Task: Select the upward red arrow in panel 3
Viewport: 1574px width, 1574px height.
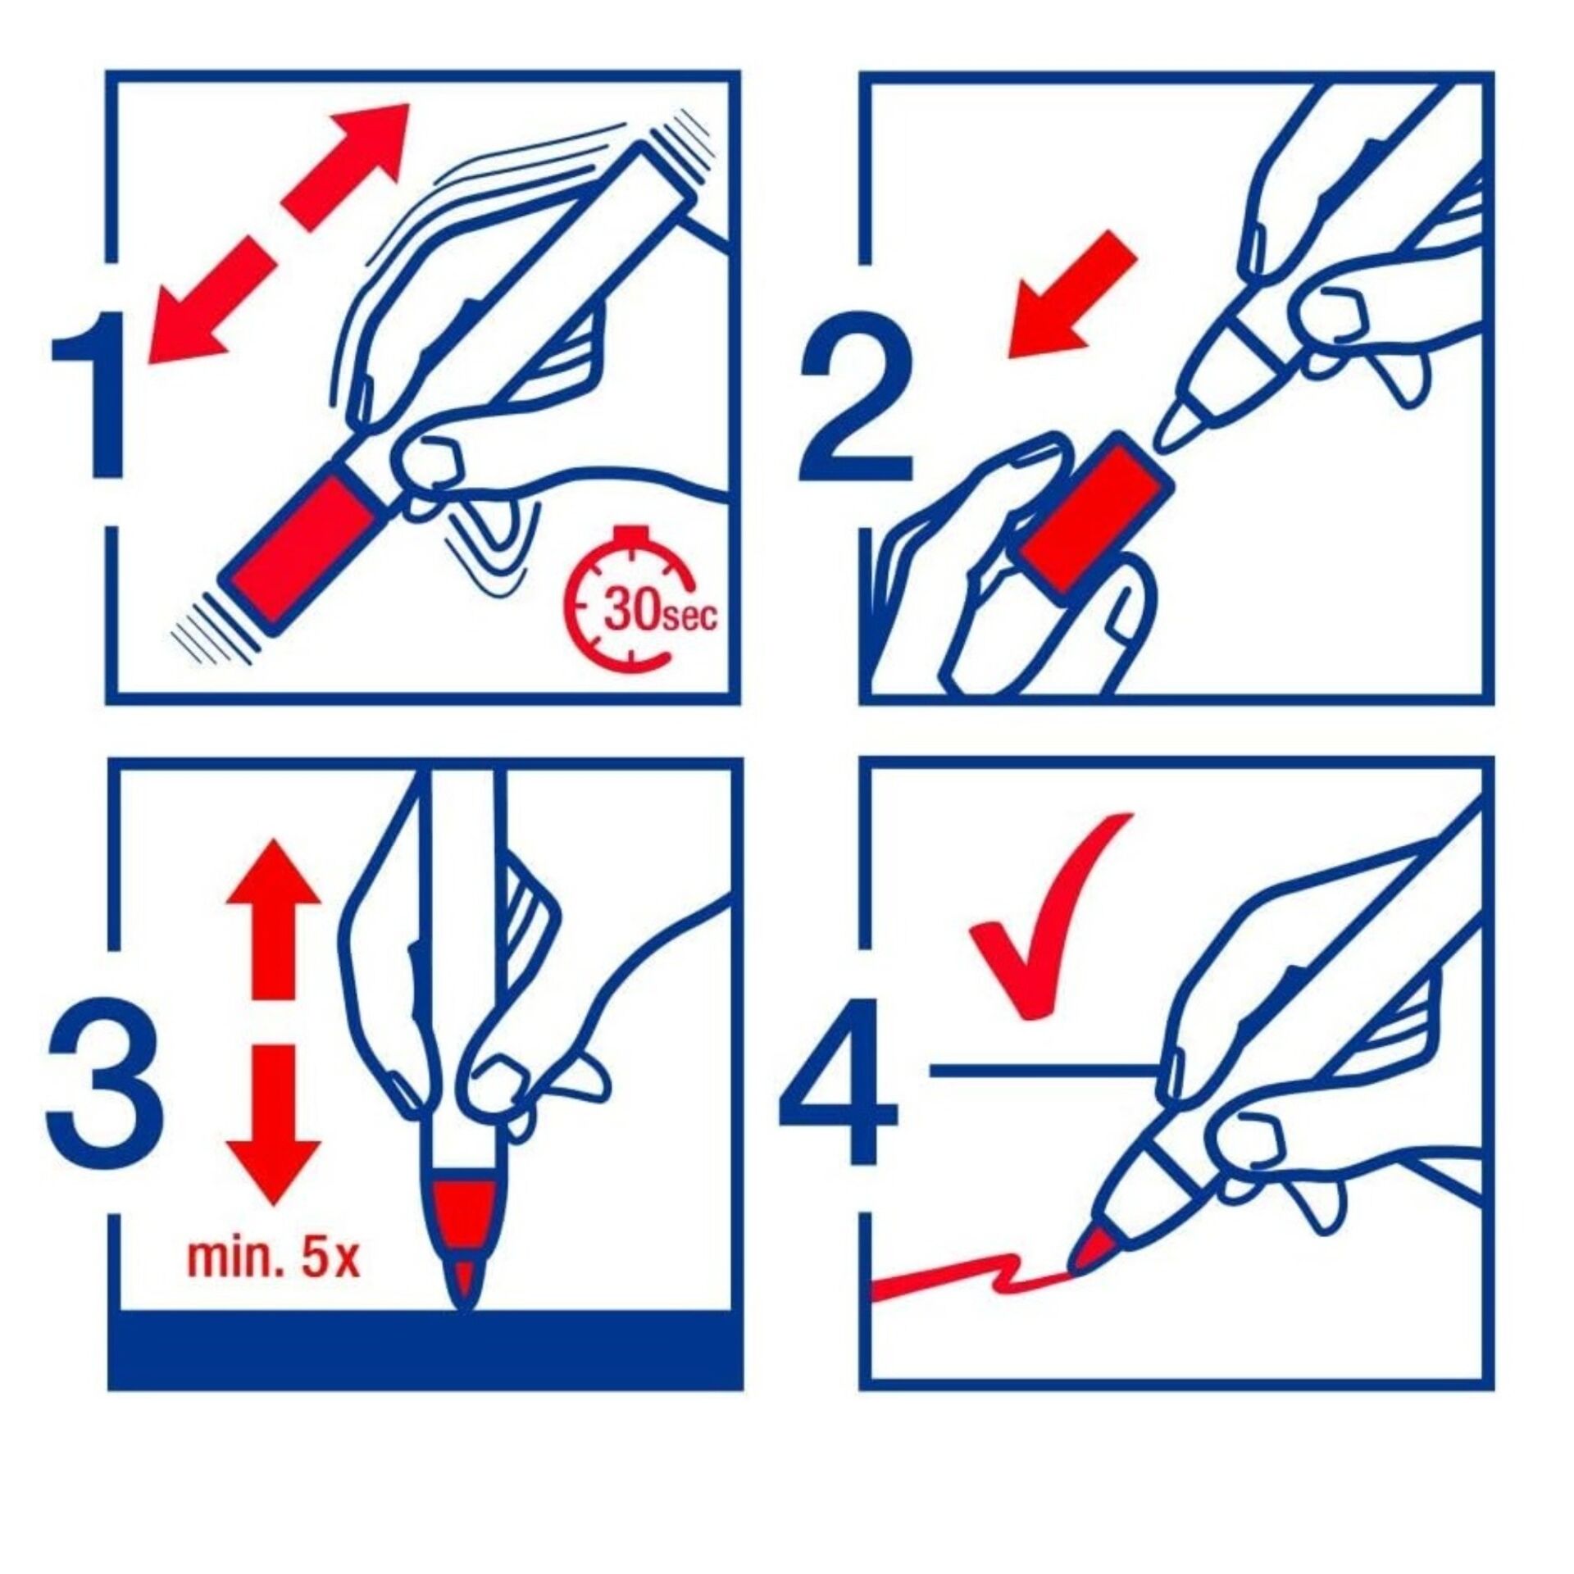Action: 273,921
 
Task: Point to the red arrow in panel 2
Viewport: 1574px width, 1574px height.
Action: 1071,294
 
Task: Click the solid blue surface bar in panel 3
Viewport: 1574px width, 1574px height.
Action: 425,1359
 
